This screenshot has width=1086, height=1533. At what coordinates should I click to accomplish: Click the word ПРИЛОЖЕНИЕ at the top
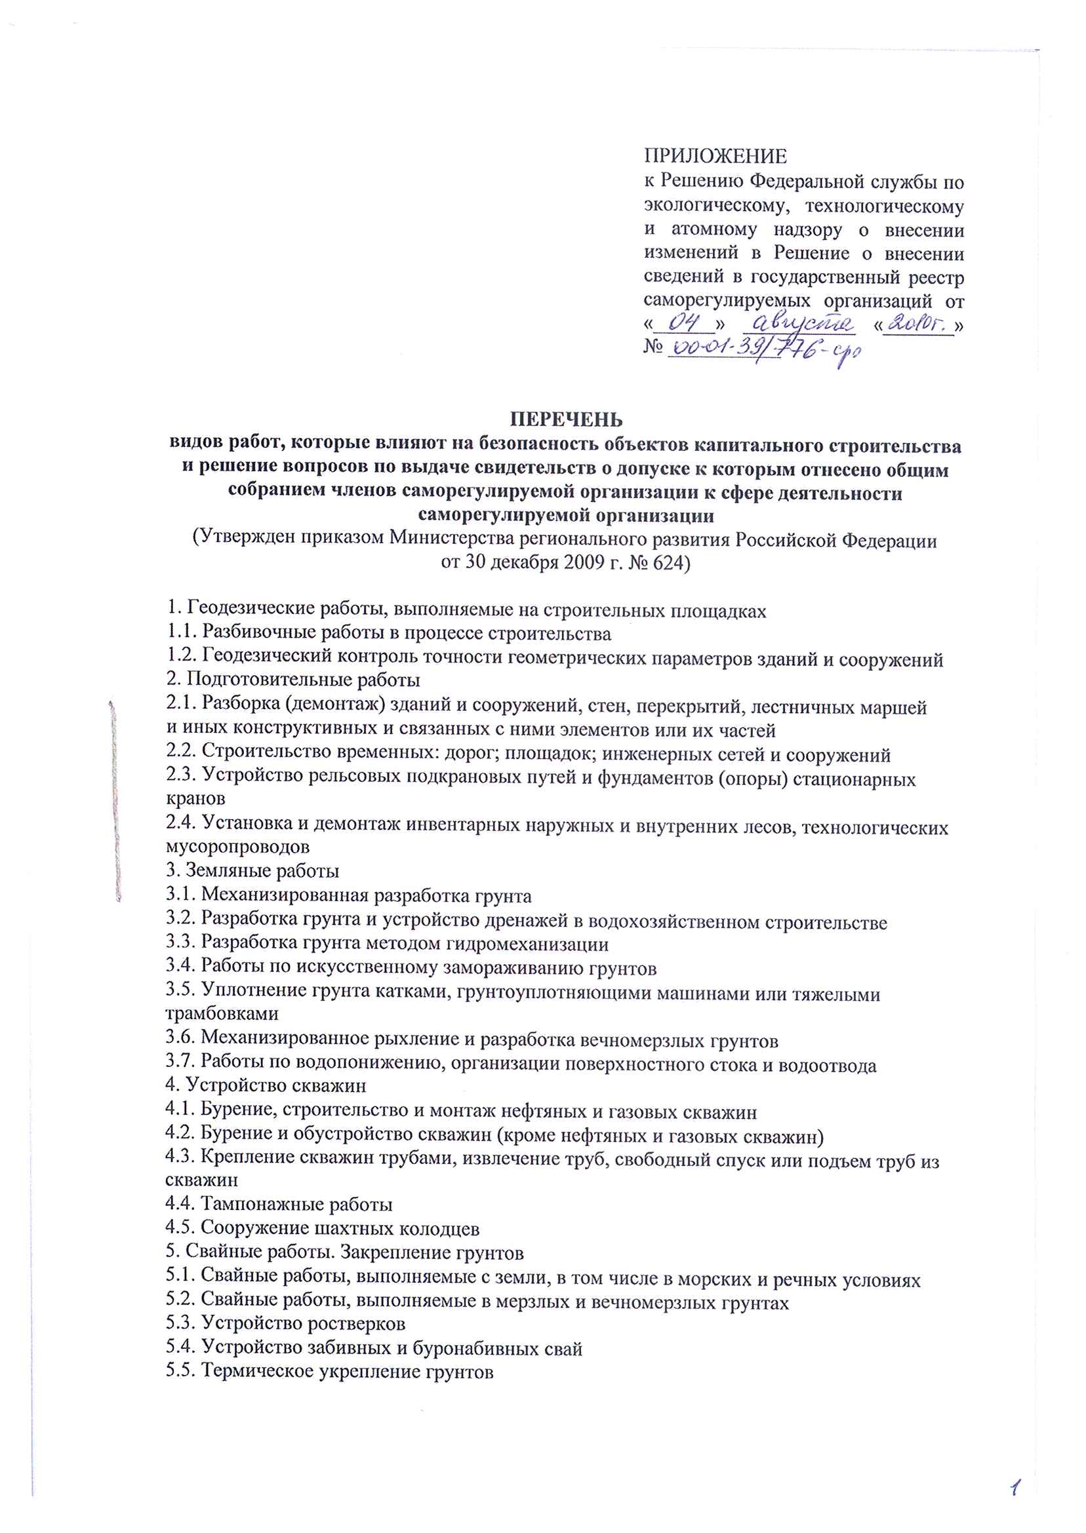click(715, 157)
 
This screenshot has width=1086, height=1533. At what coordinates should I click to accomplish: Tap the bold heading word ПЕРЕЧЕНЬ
click(566, 419)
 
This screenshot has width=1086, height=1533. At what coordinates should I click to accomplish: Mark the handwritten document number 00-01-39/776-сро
click(762, 351)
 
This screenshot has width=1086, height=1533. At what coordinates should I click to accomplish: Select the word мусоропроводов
click(237, 847)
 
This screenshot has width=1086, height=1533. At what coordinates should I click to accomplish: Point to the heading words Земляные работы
click(262, 872)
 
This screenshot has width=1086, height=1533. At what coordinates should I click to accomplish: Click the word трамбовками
click(222, 1014)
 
